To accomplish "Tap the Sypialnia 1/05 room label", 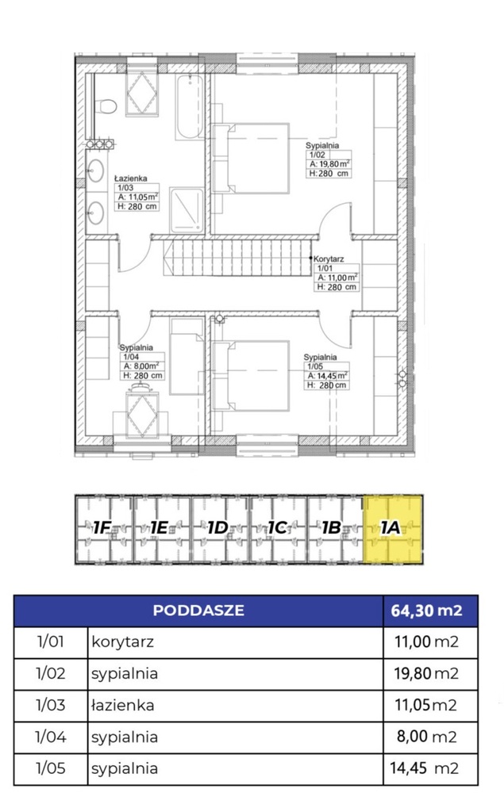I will pos(326,372).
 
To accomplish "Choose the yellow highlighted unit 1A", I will pos(393,528).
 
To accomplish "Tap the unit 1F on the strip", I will pos(103,529).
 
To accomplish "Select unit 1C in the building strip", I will pos(277,529).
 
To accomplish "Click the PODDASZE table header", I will pos(198,611).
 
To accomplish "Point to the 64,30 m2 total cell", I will pos(429,611).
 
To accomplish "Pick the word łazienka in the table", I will pos(122,705).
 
